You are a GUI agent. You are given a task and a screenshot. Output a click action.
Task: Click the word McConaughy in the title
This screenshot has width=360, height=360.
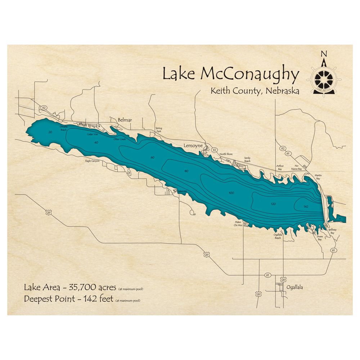pos(249,75)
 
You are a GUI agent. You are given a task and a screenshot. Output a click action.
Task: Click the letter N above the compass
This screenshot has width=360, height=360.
pos(324,54)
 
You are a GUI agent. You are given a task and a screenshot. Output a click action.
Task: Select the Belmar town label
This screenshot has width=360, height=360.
pos(125,120)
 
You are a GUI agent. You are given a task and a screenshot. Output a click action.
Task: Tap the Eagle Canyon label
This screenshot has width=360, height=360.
pos(92,161)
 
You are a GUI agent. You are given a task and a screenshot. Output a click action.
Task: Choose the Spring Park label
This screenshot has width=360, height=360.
pos(159,130)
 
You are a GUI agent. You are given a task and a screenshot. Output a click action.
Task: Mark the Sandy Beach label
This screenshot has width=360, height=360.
pos(247,159)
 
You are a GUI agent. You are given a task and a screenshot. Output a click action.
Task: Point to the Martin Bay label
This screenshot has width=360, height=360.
pos(318,177)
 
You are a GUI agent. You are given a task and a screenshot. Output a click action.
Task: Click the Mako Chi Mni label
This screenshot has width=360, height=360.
pos(238,224)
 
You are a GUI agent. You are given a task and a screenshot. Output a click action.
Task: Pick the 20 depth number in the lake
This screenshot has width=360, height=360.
pos(50,132)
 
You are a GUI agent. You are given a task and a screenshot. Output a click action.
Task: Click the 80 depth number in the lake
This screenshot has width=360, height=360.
pos(186,171)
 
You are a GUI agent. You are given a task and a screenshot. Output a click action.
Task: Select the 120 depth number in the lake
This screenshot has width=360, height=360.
pos(273,204)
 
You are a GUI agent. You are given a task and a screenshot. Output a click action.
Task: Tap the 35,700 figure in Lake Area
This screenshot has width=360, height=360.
pos(99,288)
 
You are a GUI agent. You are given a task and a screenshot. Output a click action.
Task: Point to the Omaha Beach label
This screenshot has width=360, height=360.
pos(63,128)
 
